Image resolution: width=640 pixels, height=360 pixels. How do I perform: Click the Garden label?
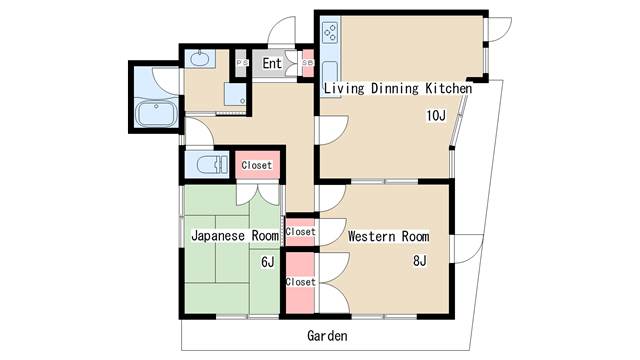coord(327,336)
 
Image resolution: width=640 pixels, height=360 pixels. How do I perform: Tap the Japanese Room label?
coord(235,236)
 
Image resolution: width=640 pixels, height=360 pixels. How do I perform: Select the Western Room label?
coord(389,236)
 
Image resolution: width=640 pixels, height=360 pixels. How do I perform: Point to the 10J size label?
coord(436,116)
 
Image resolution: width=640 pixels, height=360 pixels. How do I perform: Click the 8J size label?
coord(420,260)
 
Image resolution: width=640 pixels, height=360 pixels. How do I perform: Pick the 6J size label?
coord(268,262)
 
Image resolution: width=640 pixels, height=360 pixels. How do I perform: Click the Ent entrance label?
coord(272,63)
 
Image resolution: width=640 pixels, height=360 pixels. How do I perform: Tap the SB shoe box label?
coord(307,63)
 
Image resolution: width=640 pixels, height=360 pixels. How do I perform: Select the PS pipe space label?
coord(242,63)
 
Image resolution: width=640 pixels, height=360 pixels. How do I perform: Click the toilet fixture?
coord(212,164)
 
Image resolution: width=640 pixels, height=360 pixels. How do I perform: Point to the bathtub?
coord(156,114)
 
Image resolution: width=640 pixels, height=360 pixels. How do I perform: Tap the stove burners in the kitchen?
coord(330,33)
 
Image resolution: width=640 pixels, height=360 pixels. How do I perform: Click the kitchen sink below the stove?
coord(330,78)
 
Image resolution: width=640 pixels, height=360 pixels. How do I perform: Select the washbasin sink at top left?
coord(200,59)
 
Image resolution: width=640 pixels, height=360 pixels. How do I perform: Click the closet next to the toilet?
coord(257,165)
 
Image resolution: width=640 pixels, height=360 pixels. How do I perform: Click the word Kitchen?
coord(449,88)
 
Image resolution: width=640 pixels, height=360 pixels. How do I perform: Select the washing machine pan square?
coord(235,94)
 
